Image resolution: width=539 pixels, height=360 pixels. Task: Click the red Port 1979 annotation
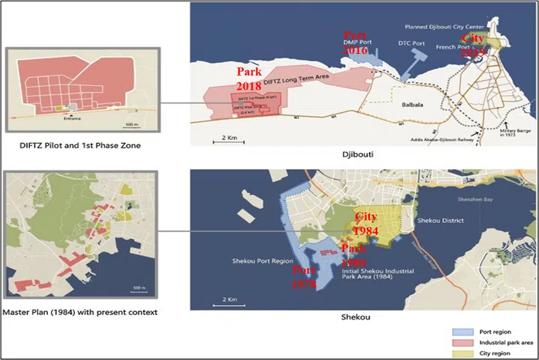(x=305, y=277)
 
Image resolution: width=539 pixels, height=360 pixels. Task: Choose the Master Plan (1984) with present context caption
(x=81, y=311)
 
